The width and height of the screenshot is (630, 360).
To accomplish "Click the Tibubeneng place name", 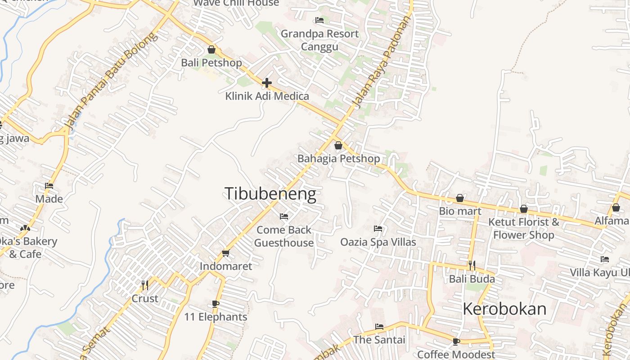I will (x=270, y=194).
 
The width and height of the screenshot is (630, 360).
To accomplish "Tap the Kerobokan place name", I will (x=504, y=309).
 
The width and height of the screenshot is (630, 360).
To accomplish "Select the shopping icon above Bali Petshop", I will (x=211, y=49).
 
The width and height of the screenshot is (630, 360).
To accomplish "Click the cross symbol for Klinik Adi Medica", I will (x=267, y=83).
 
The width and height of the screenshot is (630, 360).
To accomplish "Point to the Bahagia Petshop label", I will (x=338, y=158).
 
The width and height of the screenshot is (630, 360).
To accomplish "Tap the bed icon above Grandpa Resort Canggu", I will (x=319, y=20).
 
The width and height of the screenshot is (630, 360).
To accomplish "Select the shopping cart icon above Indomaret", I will (x=226, y=253).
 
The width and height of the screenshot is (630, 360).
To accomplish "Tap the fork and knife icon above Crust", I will (x=145, y=285).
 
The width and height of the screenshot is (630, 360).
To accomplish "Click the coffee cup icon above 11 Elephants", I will (x=216, y=304).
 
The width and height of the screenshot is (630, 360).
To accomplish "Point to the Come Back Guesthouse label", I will (x=284, y=236).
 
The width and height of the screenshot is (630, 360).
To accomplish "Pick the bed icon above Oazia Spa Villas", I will (x=378, y=229).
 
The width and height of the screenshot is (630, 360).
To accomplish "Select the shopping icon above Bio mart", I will (x=460, y=198).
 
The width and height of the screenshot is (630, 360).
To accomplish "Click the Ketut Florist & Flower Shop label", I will (x=523, y=228).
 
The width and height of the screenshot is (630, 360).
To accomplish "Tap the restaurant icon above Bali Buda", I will (x=472, y=265).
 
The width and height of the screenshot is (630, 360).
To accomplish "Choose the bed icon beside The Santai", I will (x=379, y=327).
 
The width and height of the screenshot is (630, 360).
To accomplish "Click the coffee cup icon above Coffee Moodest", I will (x=456, y=342).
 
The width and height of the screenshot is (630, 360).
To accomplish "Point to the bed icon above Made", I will (x=49, y=185).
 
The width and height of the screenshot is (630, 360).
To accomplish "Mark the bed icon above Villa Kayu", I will (x=605, y=259).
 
